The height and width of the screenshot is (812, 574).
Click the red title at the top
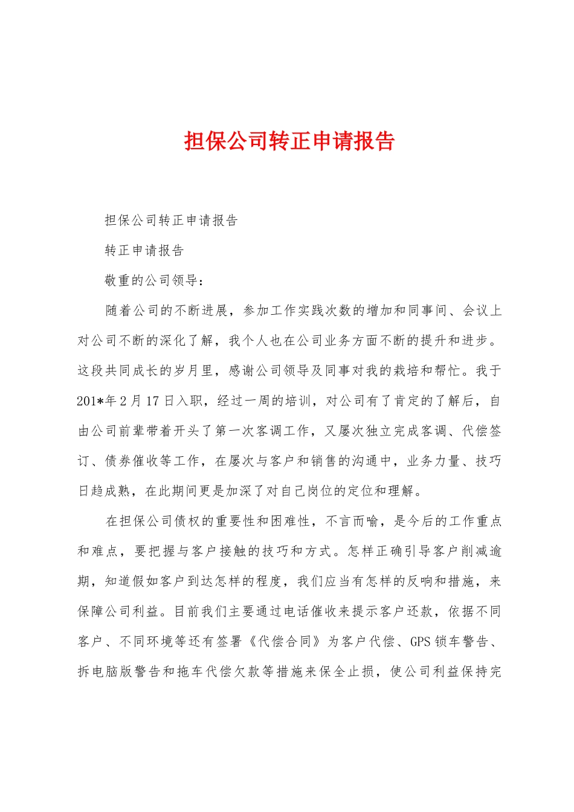[x=289, y=141]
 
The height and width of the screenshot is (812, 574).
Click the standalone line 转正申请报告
[x=144, y=250]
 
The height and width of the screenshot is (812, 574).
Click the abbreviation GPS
[x=421, y=642]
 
